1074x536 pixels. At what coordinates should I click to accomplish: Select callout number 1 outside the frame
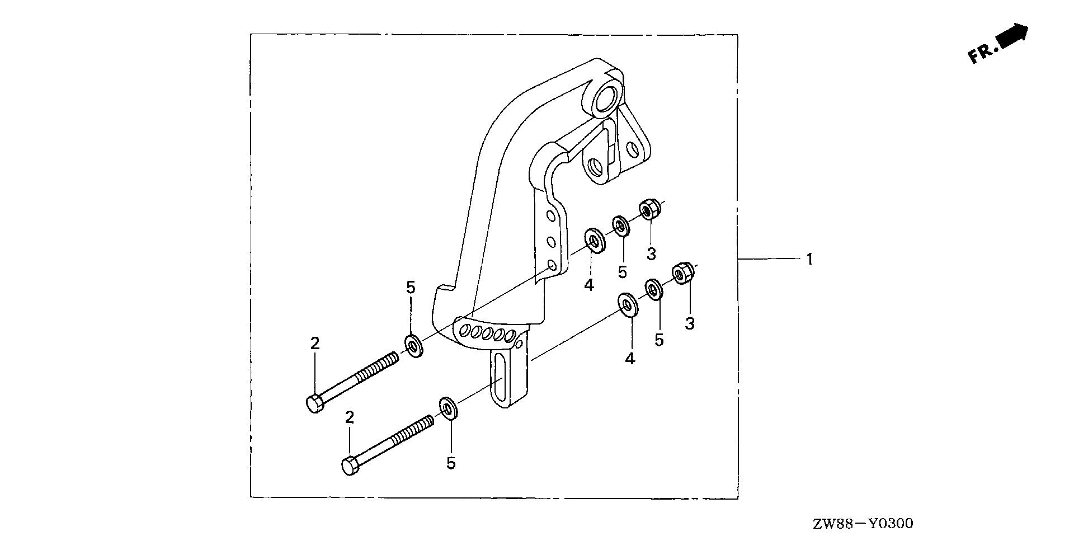pyautogui.click(x=809, y=260)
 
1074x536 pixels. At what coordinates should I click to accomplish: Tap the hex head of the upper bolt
pyautogui.click(x=314, y=403)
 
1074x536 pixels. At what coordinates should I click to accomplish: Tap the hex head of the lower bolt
pyautogui.click(x=349, y=466)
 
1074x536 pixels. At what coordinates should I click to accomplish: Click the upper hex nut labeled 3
pyautogui.click(x=650, y=210)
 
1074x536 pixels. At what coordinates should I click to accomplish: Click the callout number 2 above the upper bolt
pyautogui.click(x=315, y=344)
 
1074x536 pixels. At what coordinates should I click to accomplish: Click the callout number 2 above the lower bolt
pyautogui.click(x=350, y=417)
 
